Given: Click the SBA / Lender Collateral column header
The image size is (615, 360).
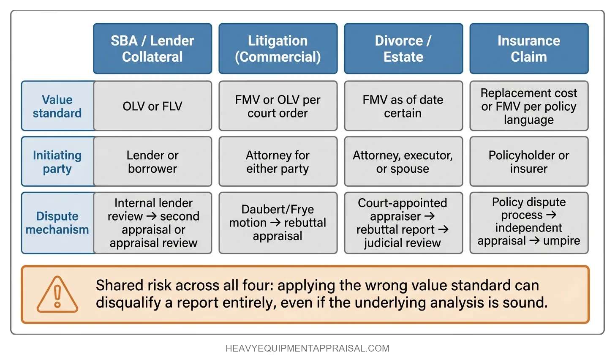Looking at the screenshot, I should [152, 49].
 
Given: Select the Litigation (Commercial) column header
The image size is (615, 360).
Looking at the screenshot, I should [278, 49].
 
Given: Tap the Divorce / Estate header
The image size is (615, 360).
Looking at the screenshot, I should [403, 49].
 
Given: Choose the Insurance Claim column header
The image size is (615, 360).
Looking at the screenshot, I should [529, 49].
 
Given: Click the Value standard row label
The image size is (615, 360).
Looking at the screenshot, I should [57, 106].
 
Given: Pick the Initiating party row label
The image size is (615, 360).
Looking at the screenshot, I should [57, 161].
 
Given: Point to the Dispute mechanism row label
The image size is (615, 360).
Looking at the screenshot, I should [57, 223].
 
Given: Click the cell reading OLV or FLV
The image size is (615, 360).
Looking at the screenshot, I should [152, 106].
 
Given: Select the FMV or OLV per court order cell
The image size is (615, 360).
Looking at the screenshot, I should [278, 106].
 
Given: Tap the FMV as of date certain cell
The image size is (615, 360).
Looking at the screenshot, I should [403, 106].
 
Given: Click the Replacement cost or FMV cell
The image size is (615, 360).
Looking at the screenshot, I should [529, 106].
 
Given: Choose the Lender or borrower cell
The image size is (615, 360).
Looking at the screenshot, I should [152, 161].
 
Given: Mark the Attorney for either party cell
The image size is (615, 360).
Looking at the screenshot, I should [278, 161].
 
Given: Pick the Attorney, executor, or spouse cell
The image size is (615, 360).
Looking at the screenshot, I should [403, 161].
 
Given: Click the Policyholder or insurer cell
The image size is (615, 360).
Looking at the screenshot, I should [529, 161].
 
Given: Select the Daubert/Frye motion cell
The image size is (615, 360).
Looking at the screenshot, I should [278, 223].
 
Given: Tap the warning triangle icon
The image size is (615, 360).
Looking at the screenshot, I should [57, 295].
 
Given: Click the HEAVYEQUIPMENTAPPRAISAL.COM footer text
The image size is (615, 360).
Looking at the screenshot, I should [307, 348].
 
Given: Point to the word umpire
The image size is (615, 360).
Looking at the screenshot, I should [561, 240].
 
